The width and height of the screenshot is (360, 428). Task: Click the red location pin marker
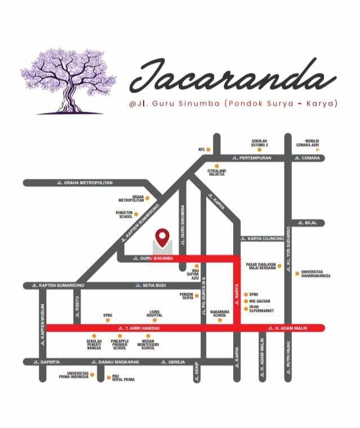pos(163,237)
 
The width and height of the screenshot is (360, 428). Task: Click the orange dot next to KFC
pos(208,149)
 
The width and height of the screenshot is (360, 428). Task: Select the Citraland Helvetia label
pos(216,173)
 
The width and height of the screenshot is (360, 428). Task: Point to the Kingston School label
pos(124,215)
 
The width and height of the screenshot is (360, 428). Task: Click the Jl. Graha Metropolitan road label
pos(85,183)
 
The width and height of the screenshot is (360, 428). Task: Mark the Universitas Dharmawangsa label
pos(315,274)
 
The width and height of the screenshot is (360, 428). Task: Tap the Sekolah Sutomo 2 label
pos(259,142)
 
